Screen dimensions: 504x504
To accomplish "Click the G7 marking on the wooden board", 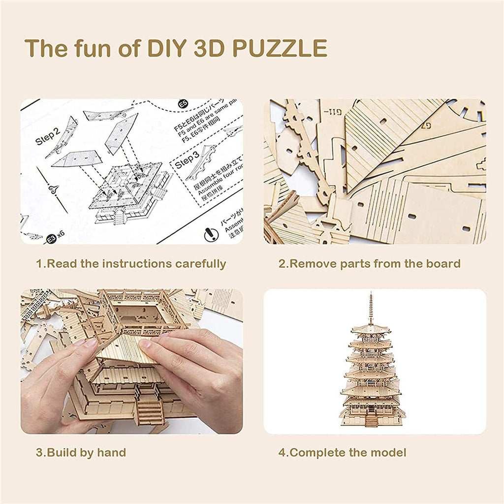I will point(427,126).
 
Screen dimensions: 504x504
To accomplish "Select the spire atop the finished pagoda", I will point(371,308).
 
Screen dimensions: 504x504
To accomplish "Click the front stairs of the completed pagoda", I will point(372,420).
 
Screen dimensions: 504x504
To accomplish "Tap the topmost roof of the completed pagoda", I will point(371,329).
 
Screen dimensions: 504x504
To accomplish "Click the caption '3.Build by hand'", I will point(81,452).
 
